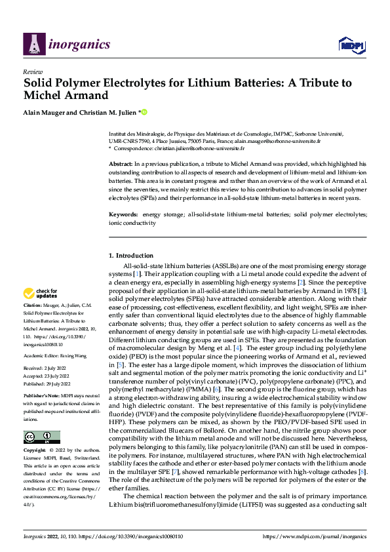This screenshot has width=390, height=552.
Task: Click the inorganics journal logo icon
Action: coord(34,44)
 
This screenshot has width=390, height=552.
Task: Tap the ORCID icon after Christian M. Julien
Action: coord(144,113)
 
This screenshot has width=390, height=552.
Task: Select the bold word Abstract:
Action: coord(121,163)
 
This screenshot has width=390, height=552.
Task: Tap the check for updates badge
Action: coord(41,293)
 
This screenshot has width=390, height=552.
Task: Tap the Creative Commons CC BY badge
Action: coord(41,437)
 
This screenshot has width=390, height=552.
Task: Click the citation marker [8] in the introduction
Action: coord(362,472)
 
